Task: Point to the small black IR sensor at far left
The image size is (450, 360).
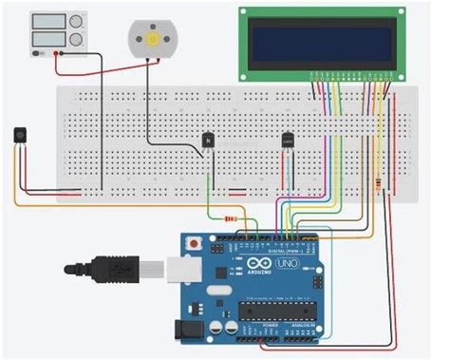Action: [20, 135]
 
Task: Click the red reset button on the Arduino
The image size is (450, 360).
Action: [195, 243]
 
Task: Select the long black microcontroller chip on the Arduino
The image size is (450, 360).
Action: [275, 311]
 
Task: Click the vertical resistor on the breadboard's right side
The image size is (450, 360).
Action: [383, 184]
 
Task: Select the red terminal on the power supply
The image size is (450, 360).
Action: [57, 55]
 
